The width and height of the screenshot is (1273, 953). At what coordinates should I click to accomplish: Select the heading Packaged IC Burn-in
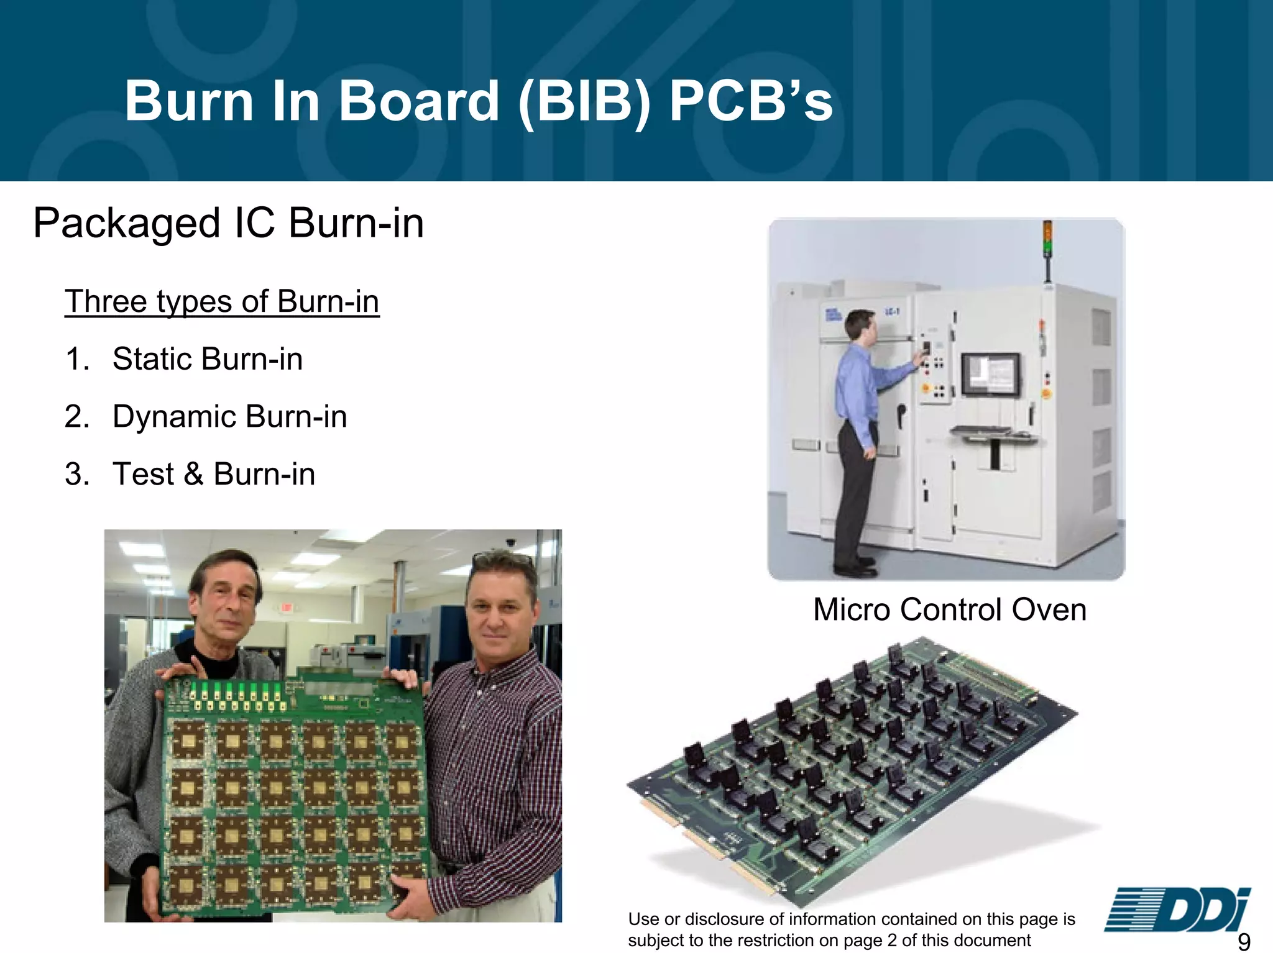click(228, 223)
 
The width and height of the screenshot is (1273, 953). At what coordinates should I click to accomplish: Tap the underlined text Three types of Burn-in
click(222, 302)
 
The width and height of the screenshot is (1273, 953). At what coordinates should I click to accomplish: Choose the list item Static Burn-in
click(207, 359)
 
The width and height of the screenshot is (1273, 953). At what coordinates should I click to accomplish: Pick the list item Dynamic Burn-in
click(229, 416)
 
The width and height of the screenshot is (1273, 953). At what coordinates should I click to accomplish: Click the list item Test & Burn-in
click(213, 474)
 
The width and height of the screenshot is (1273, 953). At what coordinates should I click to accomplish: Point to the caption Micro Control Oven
click(949, 609)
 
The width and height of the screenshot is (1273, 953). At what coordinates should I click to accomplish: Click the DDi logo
click(1177, 910)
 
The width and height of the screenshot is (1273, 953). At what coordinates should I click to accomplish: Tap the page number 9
click(1244, 942)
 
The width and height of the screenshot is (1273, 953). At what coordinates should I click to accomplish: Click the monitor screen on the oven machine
click(991, 375)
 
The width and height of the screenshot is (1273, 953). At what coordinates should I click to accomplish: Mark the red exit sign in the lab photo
click(285, 607)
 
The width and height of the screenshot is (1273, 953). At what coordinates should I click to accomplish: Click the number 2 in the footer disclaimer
click(891, 941)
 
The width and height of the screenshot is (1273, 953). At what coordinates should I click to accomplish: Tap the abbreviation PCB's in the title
click(751, 101)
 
